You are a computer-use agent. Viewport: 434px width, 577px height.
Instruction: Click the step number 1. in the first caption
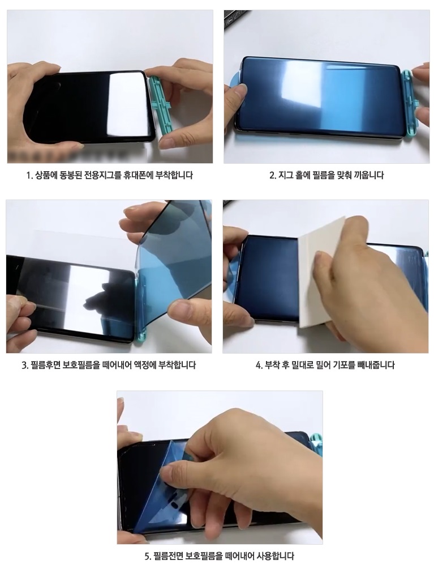pyautogui.click(x=30, y=176)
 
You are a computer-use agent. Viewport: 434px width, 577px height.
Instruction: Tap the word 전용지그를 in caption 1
pyautogui.click(x=104, y=176)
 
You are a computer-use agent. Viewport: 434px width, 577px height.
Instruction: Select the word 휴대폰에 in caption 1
pyautogui.click(x=134, y=176)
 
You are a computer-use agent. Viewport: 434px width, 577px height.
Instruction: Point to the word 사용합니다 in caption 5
pyautogui.click(x=278, y=555)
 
